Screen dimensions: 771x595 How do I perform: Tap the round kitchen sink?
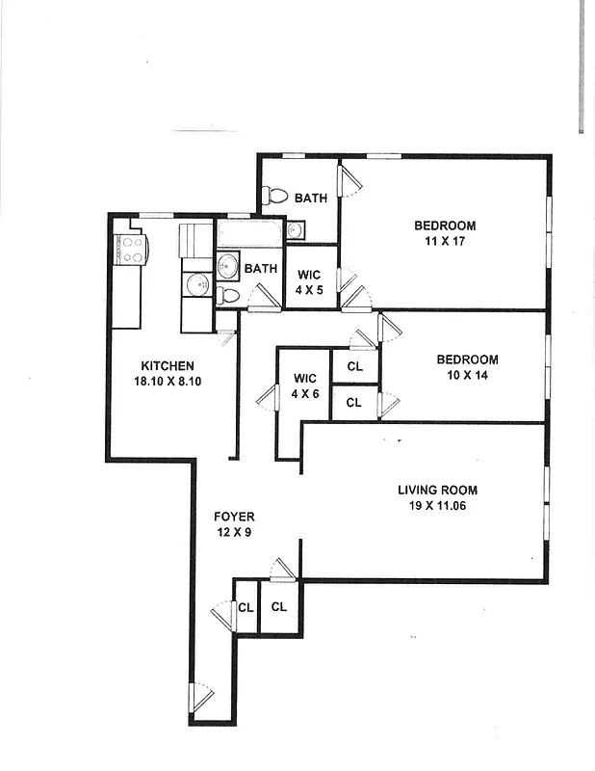coord(196,284)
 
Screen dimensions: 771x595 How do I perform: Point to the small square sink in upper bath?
coord(296,230)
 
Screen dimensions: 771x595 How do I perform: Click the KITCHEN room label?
coord(168,366)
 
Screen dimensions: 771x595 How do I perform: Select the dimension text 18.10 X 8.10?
coord(168,382)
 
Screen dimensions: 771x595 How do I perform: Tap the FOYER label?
coord(234,518)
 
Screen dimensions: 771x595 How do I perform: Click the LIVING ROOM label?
coord(437,490)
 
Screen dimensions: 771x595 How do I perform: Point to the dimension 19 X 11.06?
coord(437,505)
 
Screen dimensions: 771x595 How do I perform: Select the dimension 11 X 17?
coord(445,241)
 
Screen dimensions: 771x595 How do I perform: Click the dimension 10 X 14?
coord(467,375)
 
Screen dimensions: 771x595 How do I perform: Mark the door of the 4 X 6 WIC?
coord(270,396)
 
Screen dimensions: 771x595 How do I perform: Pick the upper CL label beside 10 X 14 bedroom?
coord(354,366)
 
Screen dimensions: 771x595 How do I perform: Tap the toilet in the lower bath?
coord(226,295)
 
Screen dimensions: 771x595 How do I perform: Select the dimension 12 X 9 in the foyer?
coord(234,533)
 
